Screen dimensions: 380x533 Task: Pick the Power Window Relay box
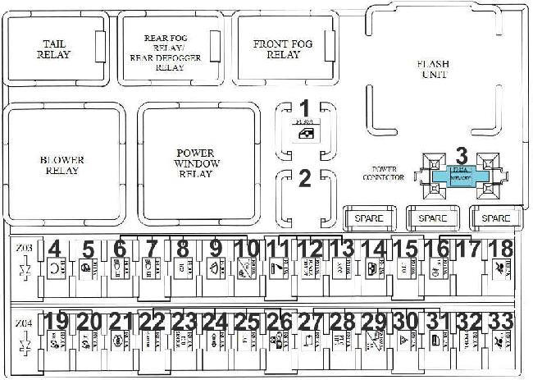[195, 164]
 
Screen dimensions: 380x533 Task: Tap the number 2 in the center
[303, 179]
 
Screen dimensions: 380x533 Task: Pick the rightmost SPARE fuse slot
[496, 218]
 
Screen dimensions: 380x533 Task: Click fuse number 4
[56, 266]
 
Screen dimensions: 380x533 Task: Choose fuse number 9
[215, 266]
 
